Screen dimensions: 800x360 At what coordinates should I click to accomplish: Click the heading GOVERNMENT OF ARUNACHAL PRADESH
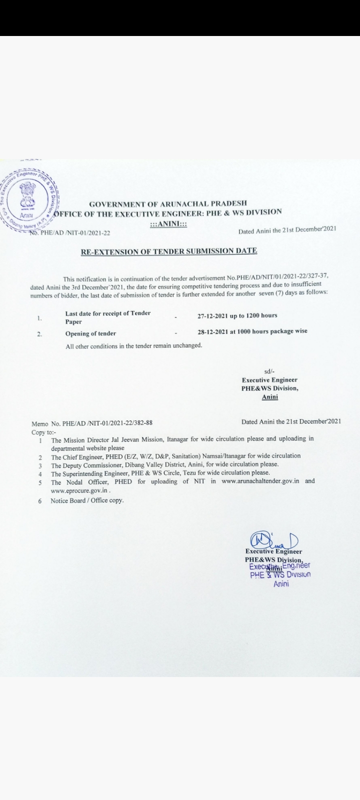[167, 203]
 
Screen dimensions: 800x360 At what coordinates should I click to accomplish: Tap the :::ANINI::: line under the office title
[168, 225]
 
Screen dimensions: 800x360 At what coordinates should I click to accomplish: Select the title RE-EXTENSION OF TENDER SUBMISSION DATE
[169, 251]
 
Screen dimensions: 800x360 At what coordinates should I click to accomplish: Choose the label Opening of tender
[90, 333]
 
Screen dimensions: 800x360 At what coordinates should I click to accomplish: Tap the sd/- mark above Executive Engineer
[269, 371]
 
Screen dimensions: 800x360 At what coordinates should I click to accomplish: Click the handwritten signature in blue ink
[272, 540]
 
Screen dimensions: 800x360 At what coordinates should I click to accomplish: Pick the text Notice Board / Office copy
[87, 500]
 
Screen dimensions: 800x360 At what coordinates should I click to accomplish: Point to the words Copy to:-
[44, 431]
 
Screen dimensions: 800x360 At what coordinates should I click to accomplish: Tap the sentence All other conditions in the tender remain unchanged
[134, 346]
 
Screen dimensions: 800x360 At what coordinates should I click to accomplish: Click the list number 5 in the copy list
[39, 482]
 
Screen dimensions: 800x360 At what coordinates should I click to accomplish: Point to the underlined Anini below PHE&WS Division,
[270, 397]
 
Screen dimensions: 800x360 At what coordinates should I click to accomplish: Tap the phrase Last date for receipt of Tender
[108, 313]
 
